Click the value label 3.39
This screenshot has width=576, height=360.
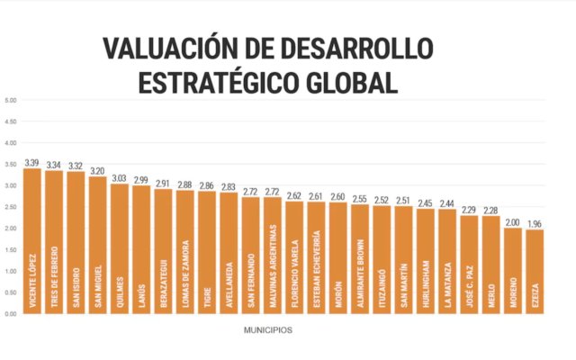point(32,163)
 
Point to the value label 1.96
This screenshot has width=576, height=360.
point(535,224)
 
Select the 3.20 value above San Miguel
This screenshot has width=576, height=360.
point(97,171)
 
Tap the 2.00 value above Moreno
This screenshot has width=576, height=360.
point(512,222)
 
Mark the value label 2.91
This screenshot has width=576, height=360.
point(163,184)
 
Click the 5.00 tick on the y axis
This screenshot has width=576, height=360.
point(11,100)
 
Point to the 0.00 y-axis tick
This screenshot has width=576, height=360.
point(11,313)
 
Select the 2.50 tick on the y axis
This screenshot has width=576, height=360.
point(11,207)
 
